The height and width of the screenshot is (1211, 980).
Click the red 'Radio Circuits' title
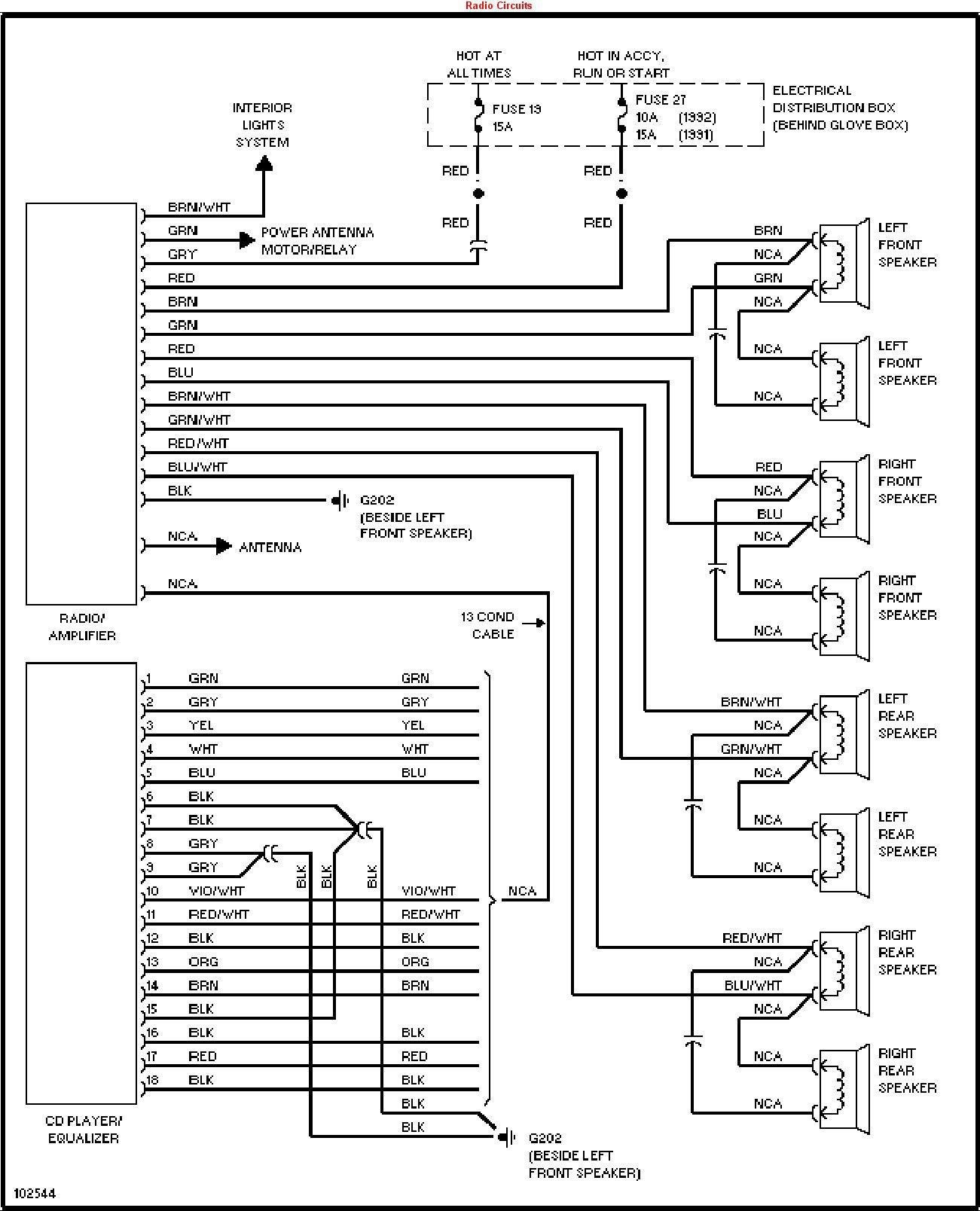(x=499, y=6)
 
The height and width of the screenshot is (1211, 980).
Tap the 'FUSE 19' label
(x=517, y=109)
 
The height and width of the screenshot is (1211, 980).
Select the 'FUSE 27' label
(x=661, y=100)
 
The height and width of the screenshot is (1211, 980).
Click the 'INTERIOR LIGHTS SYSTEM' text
(x=263, y=125)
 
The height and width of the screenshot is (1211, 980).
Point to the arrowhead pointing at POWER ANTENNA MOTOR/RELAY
(x=247, y=240)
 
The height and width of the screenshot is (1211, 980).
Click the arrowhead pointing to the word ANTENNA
(x=224, y=546)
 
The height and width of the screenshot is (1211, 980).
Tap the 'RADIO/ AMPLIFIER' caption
(x=82, y=627)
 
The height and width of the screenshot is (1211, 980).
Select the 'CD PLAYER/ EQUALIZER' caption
(x=84, y=1130)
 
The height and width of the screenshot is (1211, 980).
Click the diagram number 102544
(x=35, y=1194)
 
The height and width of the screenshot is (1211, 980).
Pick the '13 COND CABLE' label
(x=487, y=625)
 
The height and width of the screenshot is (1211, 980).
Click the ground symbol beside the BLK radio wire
(x=340, y=501)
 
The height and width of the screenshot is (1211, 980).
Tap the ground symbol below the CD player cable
(x=506, y=1137)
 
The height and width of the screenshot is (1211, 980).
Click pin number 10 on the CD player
(x=152, y=891)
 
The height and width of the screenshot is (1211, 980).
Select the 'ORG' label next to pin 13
(x=203, y=962)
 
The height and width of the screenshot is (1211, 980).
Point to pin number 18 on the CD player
(x=152, y=1080)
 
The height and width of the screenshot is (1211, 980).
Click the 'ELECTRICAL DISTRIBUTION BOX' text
(x=834, y=99)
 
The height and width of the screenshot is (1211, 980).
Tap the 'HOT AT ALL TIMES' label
(x=478, y=64)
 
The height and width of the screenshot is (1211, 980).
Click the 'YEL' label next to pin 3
(x=201, y=725)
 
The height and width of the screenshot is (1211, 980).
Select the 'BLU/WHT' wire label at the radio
(x=197, y=468)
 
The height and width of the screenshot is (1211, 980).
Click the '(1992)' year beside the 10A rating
(x=697, y=117)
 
